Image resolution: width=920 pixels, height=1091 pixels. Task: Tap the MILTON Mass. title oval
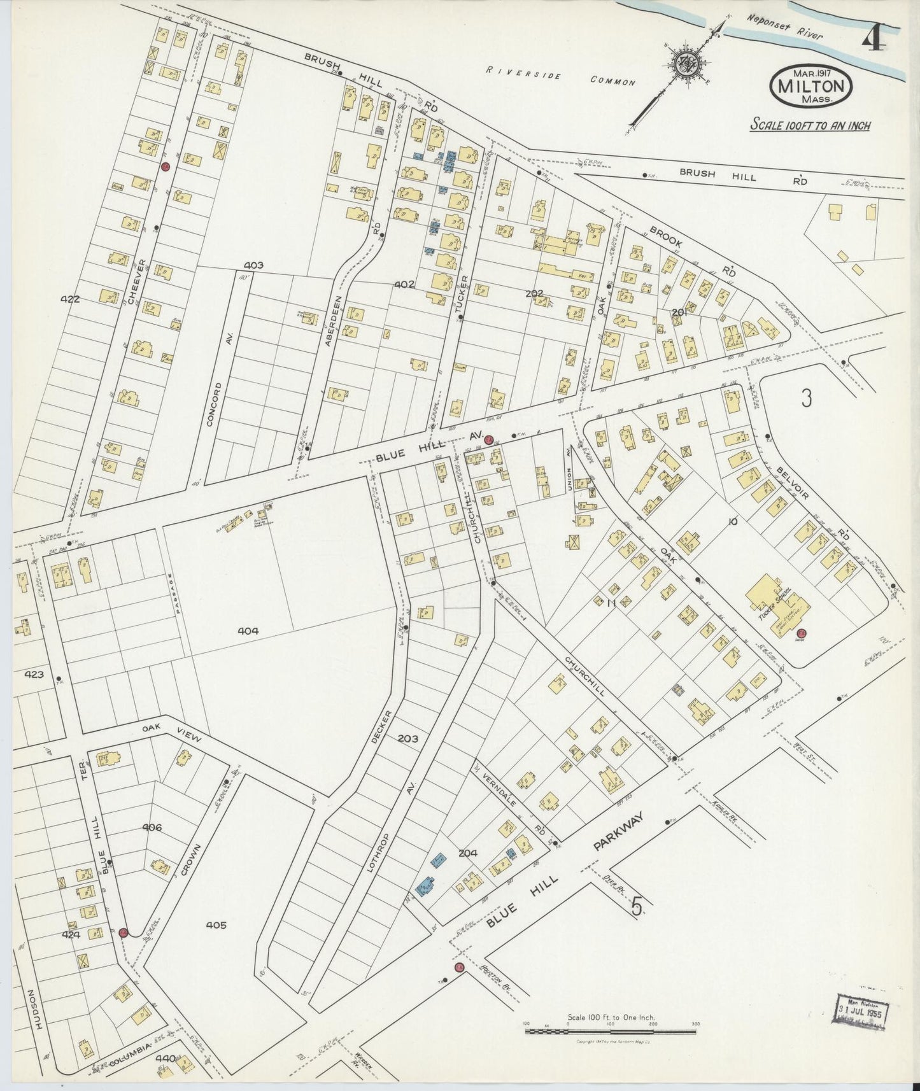click(811, 87)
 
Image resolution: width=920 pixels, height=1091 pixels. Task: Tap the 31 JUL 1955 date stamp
click(865, 1011)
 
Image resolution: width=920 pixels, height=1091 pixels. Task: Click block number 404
click(248, 631)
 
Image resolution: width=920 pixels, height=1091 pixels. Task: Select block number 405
click(216, 924)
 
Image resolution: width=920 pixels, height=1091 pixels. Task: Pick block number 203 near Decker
click(407, 739)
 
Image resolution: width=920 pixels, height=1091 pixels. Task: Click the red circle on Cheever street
click(165, 167)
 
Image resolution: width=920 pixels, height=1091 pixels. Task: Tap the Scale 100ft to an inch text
click(810, 125)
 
